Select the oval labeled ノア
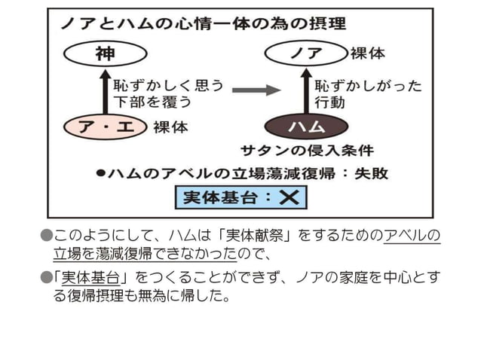pos(305,54)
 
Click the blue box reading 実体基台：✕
pos(240,197)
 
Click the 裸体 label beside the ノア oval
pos(368,54)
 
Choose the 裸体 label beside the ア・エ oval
pos(171,127)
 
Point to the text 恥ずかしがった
pos(369,84)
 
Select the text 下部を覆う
pos(152,101)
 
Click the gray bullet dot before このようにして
pos(46,236)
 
